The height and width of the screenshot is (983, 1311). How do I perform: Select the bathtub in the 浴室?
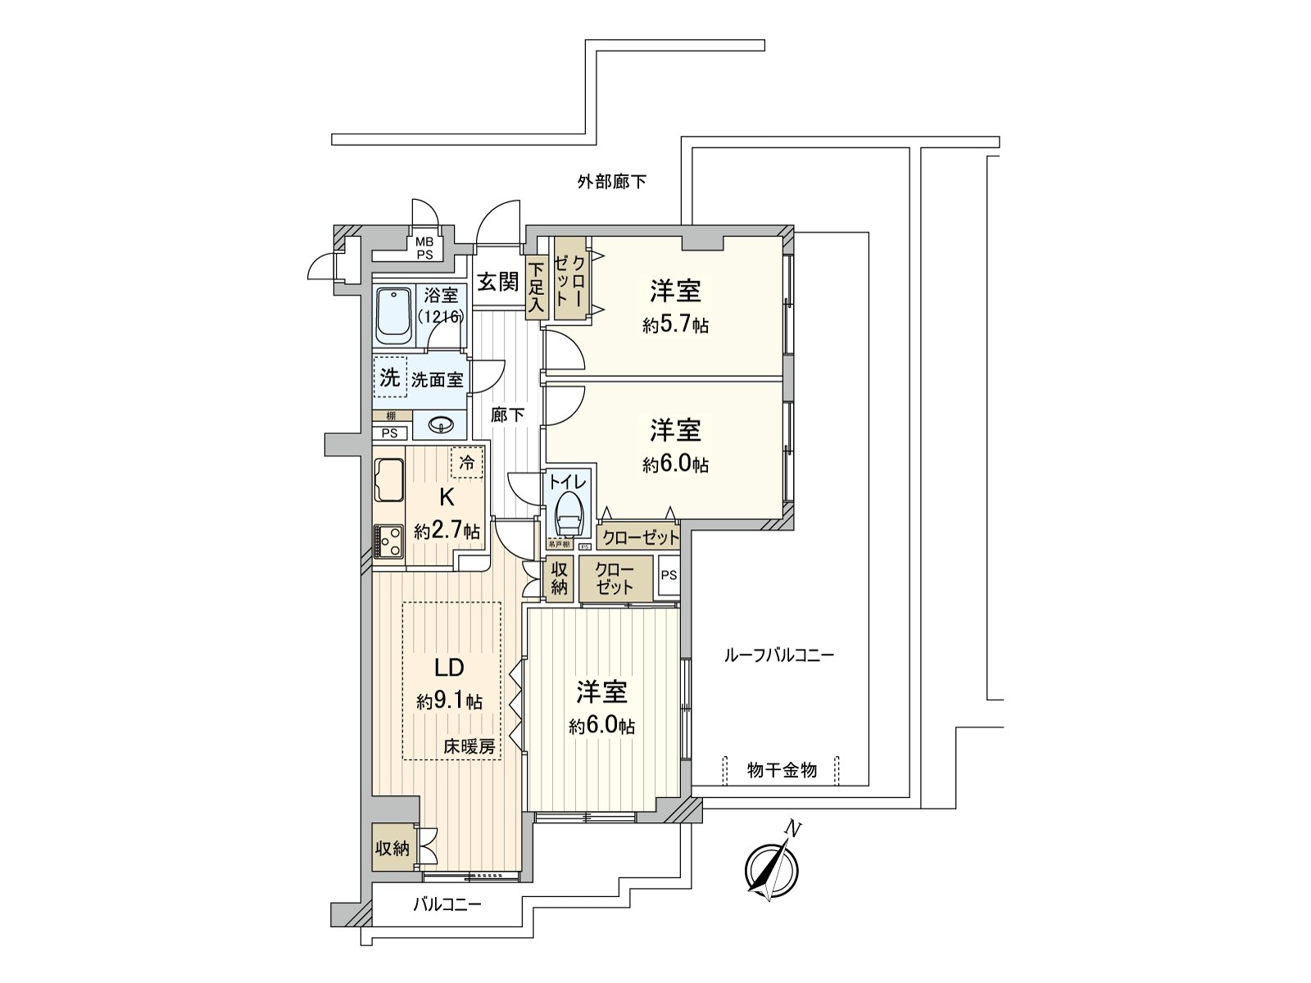394,315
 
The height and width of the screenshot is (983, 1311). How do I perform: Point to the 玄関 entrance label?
498,282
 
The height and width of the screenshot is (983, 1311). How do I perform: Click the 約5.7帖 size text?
675,325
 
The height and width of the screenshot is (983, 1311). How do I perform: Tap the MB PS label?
424,247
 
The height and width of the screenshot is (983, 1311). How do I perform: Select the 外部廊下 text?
611,182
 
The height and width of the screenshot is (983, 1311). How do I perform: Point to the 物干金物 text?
782,770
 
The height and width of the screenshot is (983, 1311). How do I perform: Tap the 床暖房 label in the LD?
470,746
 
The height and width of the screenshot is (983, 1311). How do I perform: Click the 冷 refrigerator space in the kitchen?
466,463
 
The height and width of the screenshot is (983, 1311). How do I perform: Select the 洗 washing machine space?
390,378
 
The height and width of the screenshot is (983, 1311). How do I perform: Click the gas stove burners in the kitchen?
388,541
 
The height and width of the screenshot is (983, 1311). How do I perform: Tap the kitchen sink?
389,482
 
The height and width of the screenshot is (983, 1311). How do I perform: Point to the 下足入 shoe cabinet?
536,288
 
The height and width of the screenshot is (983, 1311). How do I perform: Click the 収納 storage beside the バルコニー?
392,848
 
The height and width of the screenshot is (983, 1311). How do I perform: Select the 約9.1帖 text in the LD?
449,701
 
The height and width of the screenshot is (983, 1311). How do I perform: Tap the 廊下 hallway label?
507,415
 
